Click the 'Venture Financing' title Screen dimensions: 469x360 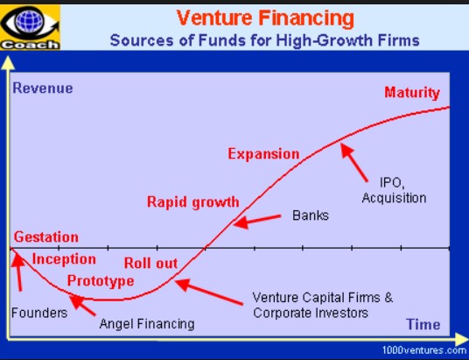coord(265,18)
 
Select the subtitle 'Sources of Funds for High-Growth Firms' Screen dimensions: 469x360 coord(265,40)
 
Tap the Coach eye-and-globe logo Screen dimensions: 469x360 coord(31,27)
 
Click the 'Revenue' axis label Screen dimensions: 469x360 coord(43,88)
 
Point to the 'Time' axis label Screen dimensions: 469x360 coord(423,324)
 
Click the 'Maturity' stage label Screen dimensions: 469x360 coord(412,93)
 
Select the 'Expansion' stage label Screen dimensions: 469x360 coord(263,154)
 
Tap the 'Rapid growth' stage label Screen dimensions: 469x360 coord(192,202)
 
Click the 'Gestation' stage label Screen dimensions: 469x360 coord(46,236)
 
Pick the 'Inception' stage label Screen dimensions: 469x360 coord(64,259)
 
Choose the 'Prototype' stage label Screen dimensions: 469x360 coord(101,281)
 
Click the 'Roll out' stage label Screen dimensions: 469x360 coord(150,264)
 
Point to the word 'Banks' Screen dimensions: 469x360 coord(311,215)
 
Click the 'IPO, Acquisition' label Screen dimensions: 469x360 coord(394,191)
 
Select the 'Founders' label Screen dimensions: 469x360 coord(39,313)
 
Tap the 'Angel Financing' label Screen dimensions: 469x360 coord(147,324)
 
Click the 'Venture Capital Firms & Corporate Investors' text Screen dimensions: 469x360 coord(322,305)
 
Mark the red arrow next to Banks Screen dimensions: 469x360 coord(257,221)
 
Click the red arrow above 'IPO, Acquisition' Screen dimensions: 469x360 coord(354,162)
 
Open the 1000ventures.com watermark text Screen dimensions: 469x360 coord(424,350)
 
